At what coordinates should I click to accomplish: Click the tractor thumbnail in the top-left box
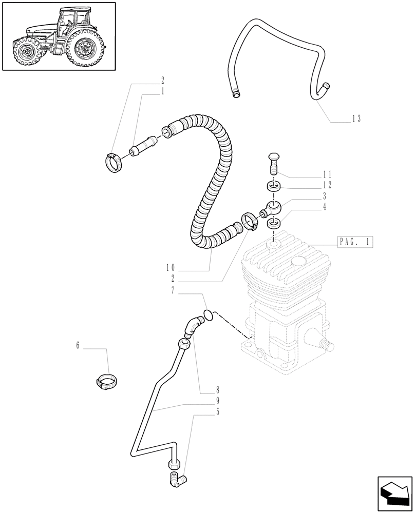[x=59, y=36]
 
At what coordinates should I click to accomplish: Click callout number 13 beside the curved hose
[x=356, y=119]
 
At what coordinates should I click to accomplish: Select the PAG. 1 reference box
[x=355, y=242]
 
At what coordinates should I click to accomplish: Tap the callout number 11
[x=327, y=174]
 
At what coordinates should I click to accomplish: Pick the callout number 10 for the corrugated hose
[x=171, y=267]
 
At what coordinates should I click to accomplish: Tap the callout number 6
[x=78, y=346]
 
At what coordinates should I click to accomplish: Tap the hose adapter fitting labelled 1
[x=143, y=147]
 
